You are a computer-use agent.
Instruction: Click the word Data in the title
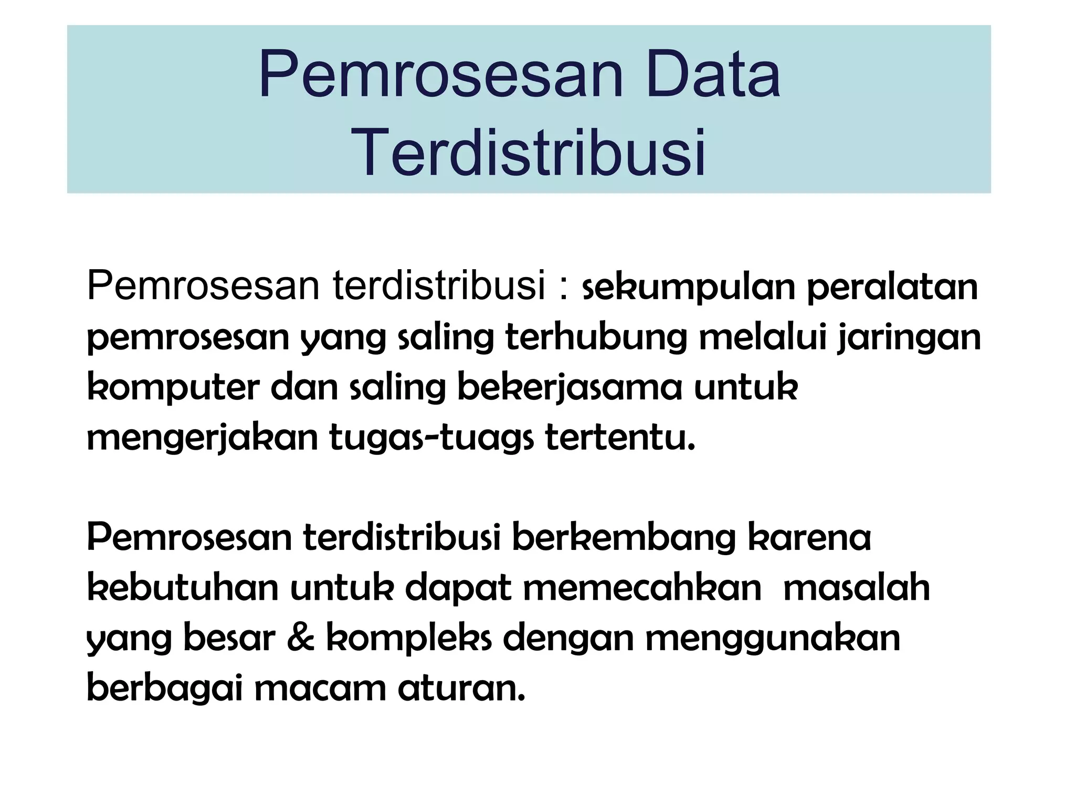click(x=713, y=76)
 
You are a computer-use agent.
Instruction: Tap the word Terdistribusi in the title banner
click(x=529, y=153)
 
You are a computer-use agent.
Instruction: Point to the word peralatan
click(x=893, y=288)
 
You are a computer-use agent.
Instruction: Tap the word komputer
click(x=173, y=388)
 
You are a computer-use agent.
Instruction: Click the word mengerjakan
click(x=203, y=439)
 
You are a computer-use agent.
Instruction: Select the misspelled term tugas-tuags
click(x=430, y=439)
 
